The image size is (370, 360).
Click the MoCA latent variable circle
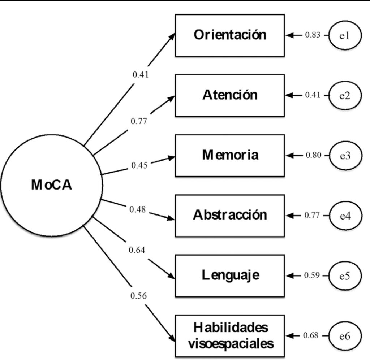click(x=51, y=185)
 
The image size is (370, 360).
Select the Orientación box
click(x=229, y=35)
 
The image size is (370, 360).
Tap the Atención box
click(x=229, y=95)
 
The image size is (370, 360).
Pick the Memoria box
click(x=229, y=155)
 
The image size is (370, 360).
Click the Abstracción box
click(x=229, y=216)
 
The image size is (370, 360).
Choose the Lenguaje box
click(x=229, y=276)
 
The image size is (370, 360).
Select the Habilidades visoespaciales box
click(x=229, y=336)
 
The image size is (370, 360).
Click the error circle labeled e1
click(x=345, y=35)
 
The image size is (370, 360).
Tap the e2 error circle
click(x=345, y=96)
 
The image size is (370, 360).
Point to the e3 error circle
click(x=345, y=156)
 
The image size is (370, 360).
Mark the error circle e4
click(x=345, y=216)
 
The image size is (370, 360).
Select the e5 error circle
click(x=345, y=276)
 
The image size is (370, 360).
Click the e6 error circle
click(x=345, y=336)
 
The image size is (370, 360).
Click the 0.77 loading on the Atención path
click(x=139, y=121)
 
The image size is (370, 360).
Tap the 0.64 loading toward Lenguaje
click(x=138, y=250)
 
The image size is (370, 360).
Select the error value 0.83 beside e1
click(x=312, y=35)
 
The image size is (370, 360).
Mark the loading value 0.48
click(x=138, y=209)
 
